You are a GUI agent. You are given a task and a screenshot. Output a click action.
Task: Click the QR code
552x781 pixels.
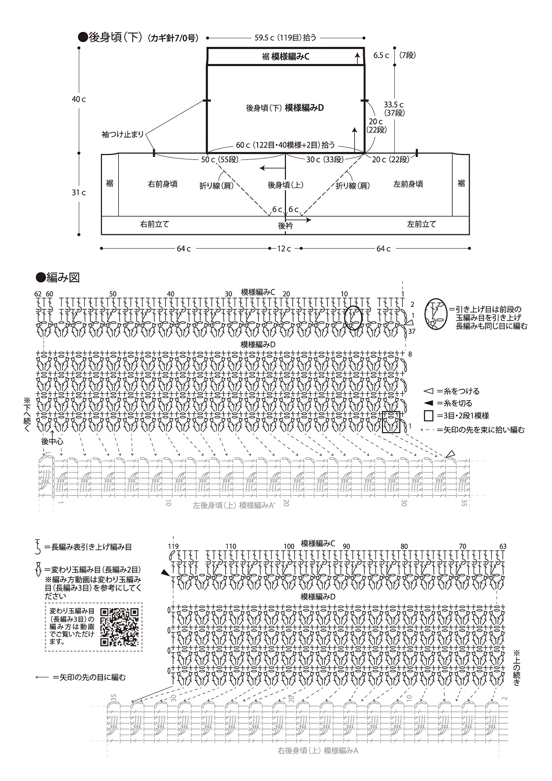point(119,627)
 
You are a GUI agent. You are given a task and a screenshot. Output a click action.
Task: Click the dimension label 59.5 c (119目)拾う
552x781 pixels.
point(285,37)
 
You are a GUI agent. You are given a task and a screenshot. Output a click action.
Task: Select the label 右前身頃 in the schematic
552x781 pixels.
point(162,184)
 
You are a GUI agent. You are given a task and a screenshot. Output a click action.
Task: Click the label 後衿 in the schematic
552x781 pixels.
point(285,225)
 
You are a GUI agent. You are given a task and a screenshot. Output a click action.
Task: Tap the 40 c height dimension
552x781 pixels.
point(78,99)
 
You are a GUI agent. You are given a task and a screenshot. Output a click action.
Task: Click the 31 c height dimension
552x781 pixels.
point(78,192)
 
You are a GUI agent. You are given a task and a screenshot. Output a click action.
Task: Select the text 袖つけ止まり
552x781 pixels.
point(123,134)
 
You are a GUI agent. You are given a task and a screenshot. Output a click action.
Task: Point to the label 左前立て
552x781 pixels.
point(421,224)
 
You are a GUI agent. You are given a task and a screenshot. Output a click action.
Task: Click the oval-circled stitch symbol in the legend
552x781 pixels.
point(434,314)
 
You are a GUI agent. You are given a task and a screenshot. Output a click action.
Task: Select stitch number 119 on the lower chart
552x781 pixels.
point(172,546)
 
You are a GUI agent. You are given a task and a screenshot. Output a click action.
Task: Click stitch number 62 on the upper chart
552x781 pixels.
point(38,294)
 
